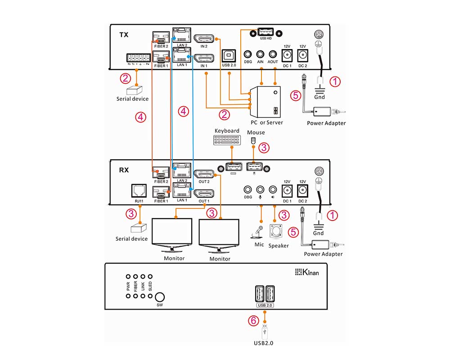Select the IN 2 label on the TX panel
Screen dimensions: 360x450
coord(204,46)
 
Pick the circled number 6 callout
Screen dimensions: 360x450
coord(254,320)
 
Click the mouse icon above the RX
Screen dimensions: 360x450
coord(253,140)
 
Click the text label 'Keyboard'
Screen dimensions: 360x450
coord(227,131)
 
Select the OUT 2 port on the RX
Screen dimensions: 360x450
coord(203,174)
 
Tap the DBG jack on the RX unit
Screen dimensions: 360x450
coord(247,190)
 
